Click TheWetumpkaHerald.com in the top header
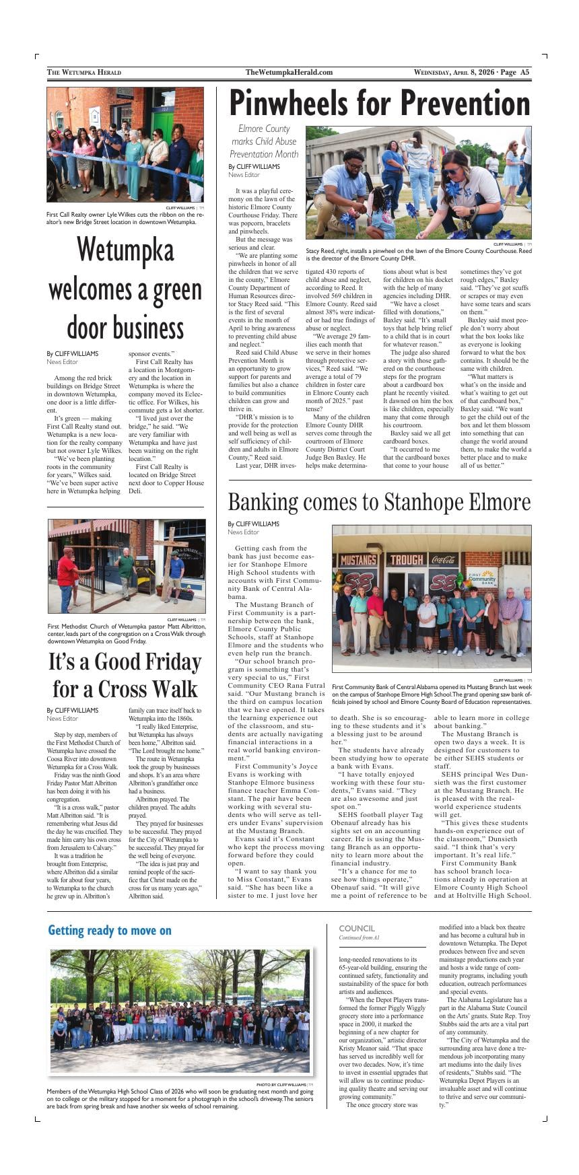[289, 72]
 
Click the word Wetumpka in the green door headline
[125, 250]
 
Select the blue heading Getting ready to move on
[110, 930]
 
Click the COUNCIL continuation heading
[357, 928]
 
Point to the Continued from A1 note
[360, 937]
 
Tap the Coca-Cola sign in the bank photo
[443, 559]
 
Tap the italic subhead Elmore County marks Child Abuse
[264, 141]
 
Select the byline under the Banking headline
[253, 524]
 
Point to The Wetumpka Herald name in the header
[84, 72]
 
